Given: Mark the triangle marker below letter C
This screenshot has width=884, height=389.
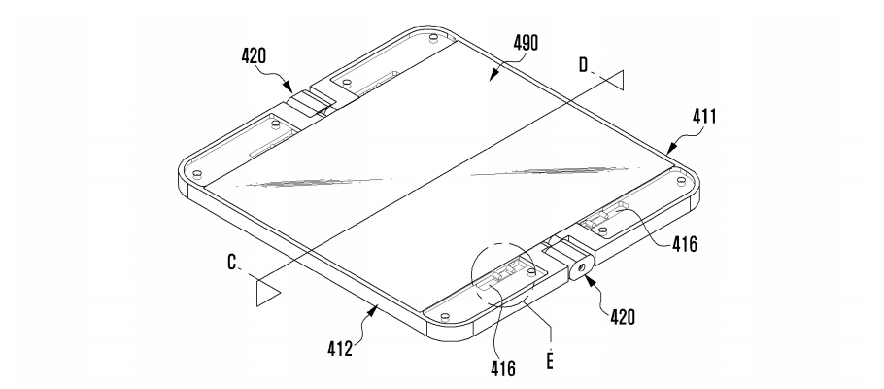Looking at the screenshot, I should tap(267, 291).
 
